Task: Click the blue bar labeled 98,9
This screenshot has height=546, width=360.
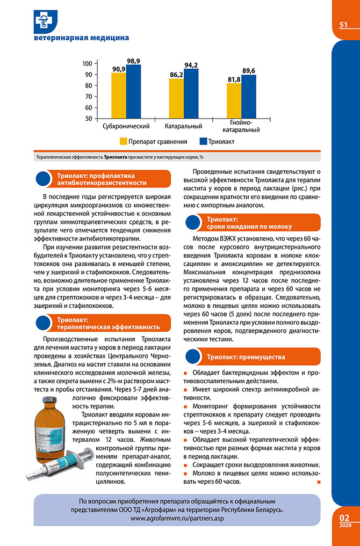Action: (133, 91)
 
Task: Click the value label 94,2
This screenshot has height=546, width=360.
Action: (191, 65)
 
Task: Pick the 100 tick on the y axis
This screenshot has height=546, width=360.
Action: (88, 63)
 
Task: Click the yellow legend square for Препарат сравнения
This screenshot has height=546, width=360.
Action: (123, 142)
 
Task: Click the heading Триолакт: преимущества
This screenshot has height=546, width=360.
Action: (247, 357)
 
